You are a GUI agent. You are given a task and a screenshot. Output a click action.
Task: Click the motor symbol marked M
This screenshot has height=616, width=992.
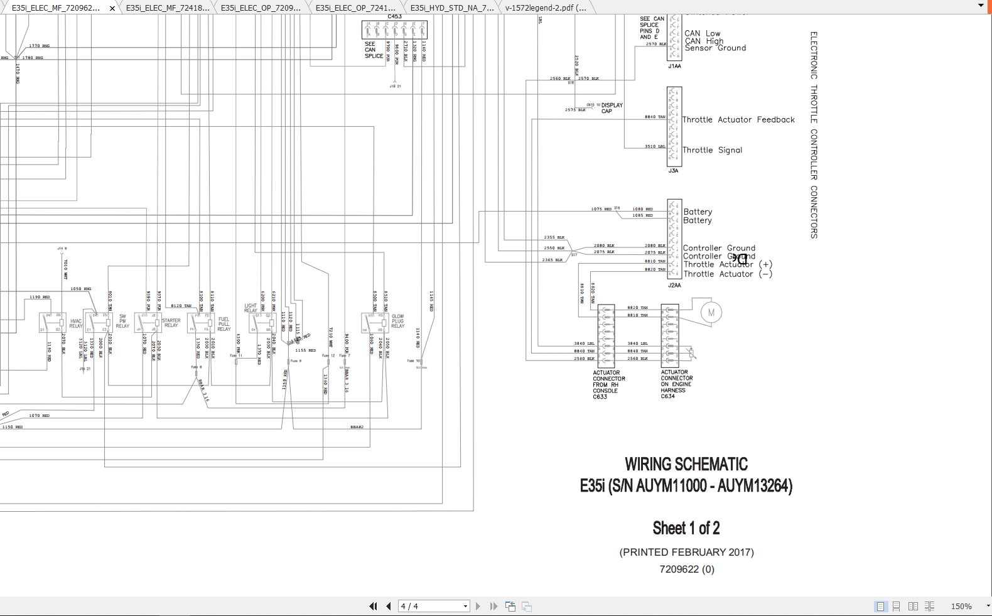tap(711, 313)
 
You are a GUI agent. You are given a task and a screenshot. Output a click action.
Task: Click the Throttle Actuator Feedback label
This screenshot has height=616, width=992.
tap(738, 120)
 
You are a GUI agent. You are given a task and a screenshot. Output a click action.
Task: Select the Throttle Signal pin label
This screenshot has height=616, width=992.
tap(712, 150)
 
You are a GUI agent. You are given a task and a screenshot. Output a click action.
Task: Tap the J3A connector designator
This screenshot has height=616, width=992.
tap(673, 171)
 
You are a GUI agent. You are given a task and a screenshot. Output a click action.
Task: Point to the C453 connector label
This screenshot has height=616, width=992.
tap(394, 17)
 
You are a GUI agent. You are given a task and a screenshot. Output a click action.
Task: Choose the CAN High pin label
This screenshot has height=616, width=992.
tap(704, 41)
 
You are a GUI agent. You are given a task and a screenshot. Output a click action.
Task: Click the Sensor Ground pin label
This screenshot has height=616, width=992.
tap(715, 48)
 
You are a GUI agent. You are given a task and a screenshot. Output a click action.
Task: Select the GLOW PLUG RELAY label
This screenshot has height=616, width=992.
tap(397, 322)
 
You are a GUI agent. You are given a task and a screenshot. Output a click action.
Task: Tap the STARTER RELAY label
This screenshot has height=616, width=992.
tap(171, 323)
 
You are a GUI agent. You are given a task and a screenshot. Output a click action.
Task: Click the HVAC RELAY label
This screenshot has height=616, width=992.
tap(76, 323)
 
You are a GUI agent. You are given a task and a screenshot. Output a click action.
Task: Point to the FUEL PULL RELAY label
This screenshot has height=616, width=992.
tap(224, 324)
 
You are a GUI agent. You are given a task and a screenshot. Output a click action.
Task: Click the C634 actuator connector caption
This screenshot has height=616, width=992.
tap(676, 384)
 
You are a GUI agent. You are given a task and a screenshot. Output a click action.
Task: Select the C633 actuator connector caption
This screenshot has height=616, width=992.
tap(608, 384)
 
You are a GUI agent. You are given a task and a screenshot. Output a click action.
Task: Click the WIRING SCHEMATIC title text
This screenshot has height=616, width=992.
tap(686, 465)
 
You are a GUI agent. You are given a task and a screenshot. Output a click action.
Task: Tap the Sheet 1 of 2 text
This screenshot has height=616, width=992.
tap(686, 528)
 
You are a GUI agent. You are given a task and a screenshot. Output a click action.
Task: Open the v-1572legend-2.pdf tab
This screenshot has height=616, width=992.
tap(546, 8)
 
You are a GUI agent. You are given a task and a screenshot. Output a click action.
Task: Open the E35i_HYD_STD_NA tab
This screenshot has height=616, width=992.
tap(452, 8)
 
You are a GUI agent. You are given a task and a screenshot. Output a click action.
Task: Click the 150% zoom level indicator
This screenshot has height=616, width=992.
tap(961, 607)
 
